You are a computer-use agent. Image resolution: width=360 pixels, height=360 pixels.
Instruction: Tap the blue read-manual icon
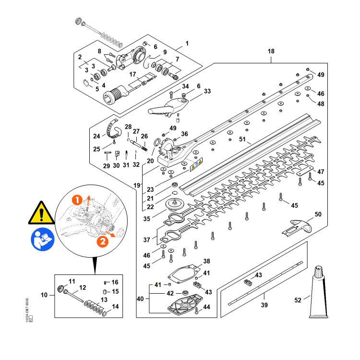(41, 239)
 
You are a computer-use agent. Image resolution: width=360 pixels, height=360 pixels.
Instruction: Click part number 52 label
(299, 300)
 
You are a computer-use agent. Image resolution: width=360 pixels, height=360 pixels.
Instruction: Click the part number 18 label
(271, 51)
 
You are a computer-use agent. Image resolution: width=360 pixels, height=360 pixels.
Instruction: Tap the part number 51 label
(242, 140)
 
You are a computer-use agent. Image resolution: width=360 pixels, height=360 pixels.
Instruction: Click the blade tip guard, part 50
(296, 225)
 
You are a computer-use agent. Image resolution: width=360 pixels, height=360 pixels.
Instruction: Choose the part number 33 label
(207, 91)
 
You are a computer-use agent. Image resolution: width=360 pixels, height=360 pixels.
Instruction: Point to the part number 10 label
(44, 295)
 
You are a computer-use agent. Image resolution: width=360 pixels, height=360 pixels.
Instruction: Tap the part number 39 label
(264, 305)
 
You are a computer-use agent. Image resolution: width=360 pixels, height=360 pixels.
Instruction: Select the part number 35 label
(147, 219)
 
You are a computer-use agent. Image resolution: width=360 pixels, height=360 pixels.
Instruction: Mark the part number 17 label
(133, 74)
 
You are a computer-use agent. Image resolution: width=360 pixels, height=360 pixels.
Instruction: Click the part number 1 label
(187, 43)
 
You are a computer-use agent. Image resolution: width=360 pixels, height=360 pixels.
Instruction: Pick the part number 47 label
(321, 172)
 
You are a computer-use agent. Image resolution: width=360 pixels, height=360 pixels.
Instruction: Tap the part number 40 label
(140, 299)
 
